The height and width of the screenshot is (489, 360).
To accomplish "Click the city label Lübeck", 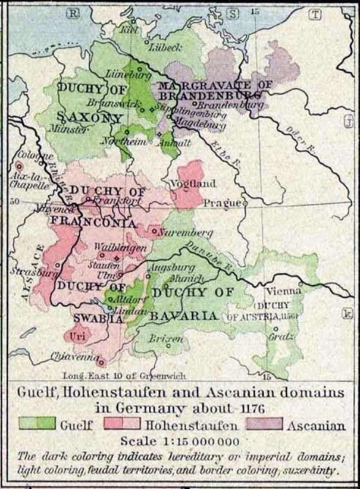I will (x=166, y=49).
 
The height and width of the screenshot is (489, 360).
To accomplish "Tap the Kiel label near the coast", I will (x=125, y=29).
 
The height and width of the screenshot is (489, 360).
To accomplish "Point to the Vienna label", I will (x=284, y=291).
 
